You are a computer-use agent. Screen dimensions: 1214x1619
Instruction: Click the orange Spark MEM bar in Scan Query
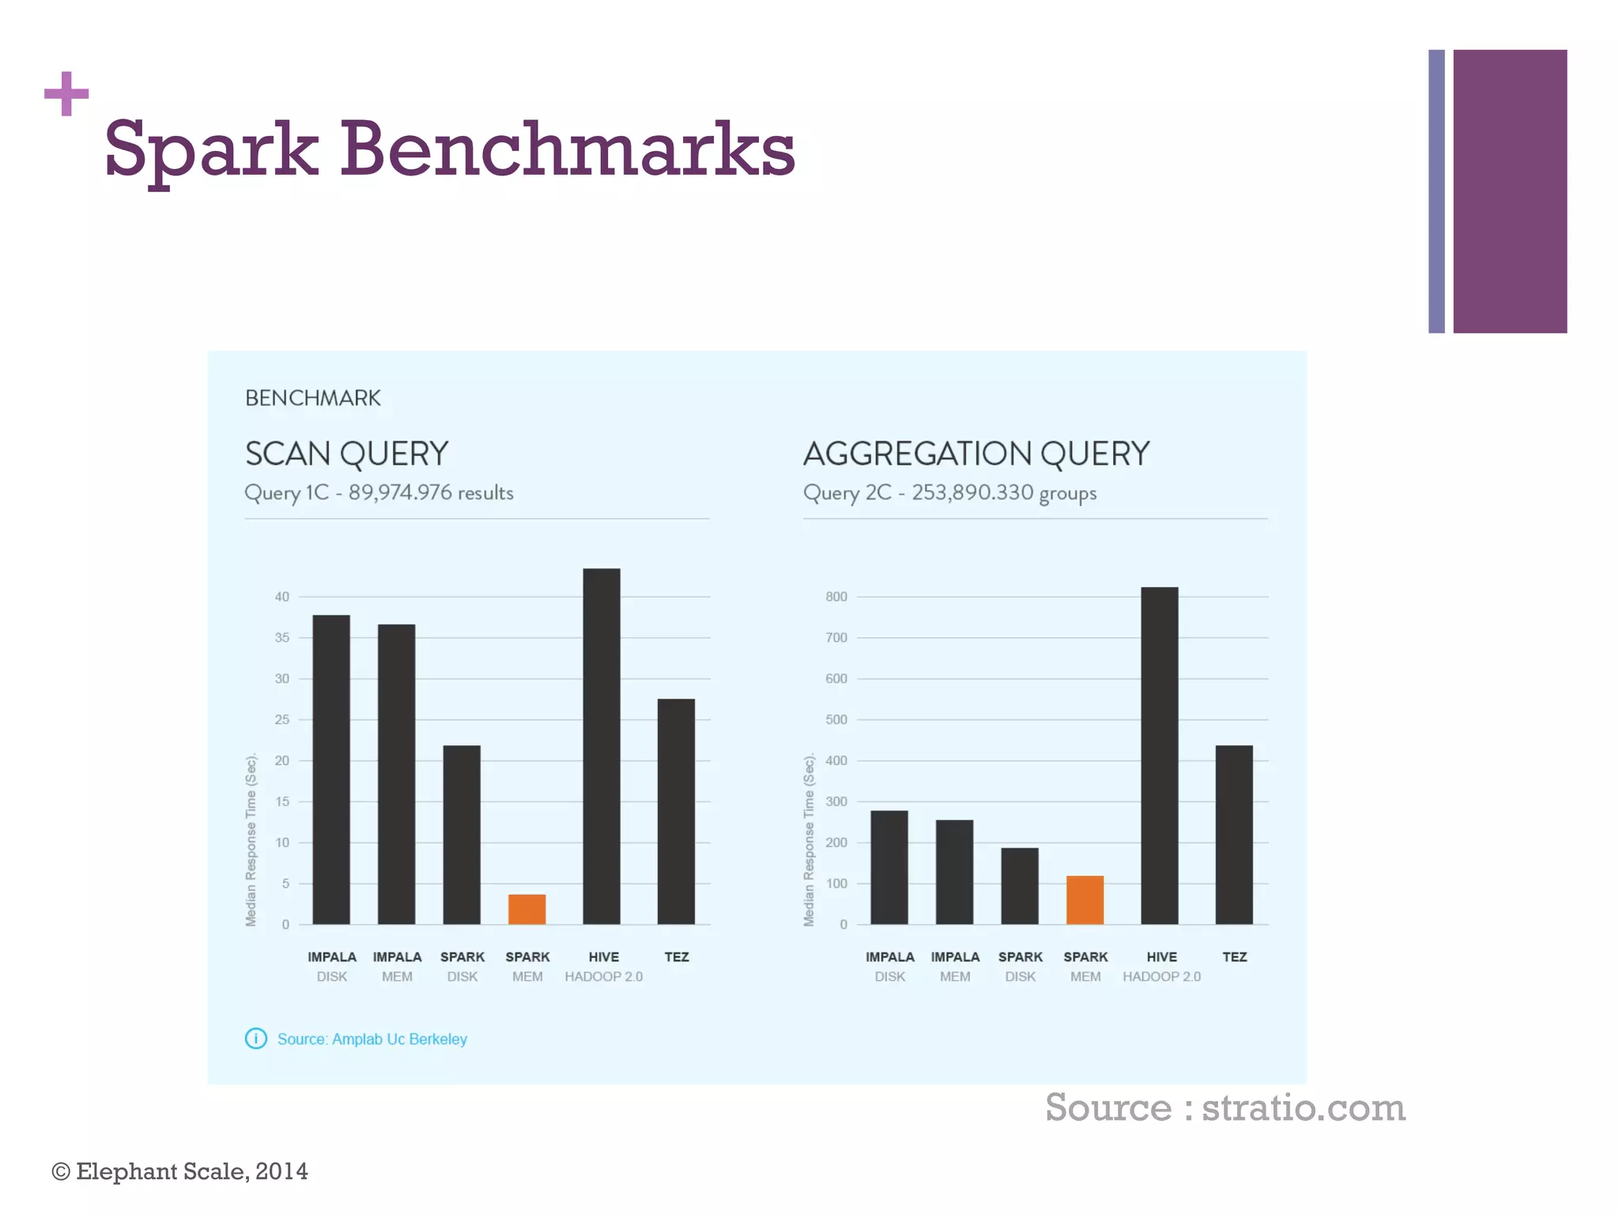click(x=526, y=909)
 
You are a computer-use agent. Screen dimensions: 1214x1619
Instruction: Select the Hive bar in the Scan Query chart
click(x=602, y=746)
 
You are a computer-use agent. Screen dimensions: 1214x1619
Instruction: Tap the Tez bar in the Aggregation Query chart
click(x=1234, y=835)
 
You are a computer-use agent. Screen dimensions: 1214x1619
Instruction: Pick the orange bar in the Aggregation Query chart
click(x=1085, y=899)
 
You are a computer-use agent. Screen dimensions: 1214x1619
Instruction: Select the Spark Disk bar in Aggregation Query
click(x=1020, y=886)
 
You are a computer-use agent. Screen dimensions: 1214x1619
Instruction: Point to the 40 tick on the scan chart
click(x=282, y=597)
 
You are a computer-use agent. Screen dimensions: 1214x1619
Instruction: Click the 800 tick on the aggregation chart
click(x=836, y=597)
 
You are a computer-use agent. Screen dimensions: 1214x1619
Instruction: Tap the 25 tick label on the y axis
click(x=282, y=719)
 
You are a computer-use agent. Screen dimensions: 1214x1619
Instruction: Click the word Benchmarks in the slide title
click(x=568, y=149)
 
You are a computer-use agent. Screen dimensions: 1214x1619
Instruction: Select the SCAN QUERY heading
click(x=346, y=454)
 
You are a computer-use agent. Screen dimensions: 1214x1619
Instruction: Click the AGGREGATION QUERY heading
click(x=976, y=454)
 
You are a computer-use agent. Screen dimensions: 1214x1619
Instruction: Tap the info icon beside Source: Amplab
click(x=256, y=1039)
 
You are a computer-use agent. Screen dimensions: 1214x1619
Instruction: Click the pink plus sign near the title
click(x=66, y=94)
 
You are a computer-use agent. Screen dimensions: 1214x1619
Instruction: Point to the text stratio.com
click(x=1304, y=1107)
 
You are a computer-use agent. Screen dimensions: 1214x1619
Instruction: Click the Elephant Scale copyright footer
click(x=180, y=1171)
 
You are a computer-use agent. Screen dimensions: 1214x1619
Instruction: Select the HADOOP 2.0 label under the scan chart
click(x=603, y=977)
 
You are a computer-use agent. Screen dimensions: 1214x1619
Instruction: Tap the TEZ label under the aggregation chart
click(x=1234, y=957)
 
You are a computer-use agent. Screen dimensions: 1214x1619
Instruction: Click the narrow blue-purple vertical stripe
click(x=1436, y=191)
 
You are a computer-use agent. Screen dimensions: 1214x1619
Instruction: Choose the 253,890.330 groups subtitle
click(x=1003, y=492)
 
